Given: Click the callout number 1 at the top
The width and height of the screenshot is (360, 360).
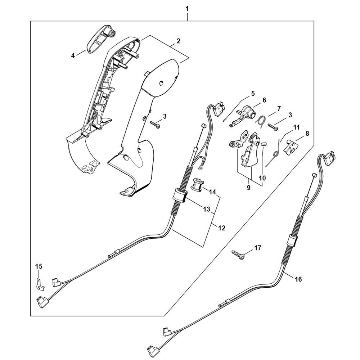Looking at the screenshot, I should pos(187,8).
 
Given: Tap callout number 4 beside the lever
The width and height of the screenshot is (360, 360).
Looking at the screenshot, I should pos(73,55).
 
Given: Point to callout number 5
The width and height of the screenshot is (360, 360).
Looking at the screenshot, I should pos(253,94).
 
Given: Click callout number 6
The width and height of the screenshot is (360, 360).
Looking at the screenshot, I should pos(264,100).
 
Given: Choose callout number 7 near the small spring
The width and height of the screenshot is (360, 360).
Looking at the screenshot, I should pos(279,108).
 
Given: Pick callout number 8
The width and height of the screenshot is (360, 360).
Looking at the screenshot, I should pos(307,133).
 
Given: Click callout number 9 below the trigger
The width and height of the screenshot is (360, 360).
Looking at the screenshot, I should pos(248,188).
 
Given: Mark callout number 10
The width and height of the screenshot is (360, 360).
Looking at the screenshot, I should pos(262,178).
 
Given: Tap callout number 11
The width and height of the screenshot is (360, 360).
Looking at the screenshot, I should pos(296,127).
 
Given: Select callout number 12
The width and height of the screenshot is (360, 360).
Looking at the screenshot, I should pos(221,228).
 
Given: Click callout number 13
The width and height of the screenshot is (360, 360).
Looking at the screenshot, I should pos(207,209).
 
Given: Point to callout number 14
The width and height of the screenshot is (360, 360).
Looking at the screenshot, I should pos(213,192).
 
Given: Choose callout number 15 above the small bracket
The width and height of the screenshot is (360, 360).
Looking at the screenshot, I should pos(39,266).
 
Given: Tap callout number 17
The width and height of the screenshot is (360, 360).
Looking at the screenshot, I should pos(258,248).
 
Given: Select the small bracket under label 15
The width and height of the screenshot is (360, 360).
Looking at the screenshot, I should pos(40,284).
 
